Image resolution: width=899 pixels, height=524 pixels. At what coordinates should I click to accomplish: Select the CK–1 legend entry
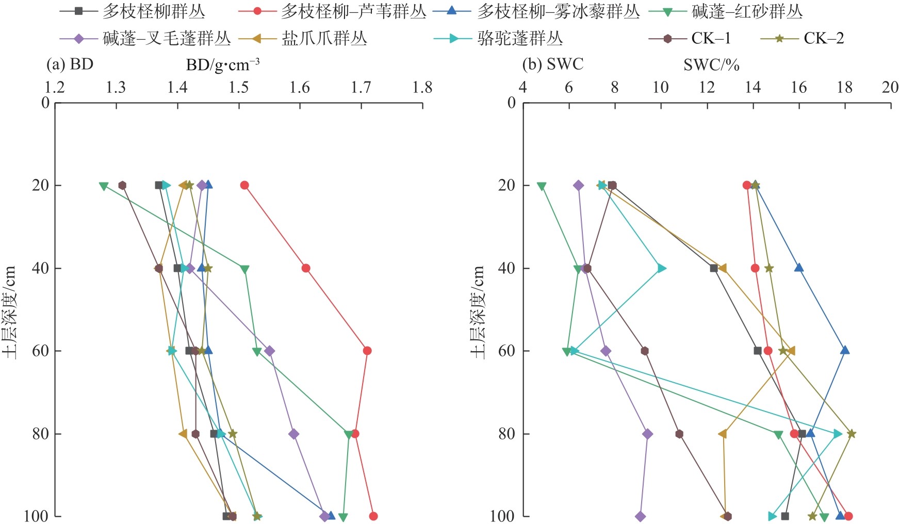711,38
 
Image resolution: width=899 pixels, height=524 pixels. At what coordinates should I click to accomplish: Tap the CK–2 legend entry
823,38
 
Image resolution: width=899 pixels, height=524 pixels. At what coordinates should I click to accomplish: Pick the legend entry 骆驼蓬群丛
520,38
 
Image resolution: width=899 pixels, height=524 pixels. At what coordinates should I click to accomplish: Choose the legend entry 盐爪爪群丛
324,38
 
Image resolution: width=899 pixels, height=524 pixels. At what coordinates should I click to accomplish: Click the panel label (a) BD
70,64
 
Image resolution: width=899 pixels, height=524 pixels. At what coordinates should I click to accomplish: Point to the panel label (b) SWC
553,64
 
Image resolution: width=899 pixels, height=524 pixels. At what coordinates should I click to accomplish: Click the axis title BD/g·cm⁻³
223,65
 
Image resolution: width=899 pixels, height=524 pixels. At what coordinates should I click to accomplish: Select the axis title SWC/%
711,65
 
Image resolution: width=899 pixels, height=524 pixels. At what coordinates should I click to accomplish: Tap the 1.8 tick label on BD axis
422,87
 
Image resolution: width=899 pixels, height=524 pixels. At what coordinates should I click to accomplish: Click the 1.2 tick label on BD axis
55,87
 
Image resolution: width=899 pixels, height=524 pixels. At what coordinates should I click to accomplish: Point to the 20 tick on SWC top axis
890,87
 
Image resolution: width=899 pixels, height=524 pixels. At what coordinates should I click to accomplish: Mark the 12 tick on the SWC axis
707,87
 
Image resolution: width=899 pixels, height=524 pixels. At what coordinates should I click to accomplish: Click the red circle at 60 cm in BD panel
367,351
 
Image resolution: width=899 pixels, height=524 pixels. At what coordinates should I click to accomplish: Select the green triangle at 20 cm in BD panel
104,186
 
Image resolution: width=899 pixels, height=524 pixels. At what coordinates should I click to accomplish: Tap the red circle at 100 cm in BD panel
373,516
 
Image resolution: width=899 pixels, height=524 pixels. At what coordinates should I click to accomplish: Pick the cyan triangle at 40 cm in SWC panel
661,268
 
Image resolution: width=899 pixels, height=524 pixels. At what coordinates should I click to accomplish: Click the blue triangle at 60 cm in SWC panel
845,350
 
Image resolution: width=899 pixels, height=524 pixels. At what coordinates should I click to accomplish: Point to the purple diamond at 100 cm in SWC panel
640,516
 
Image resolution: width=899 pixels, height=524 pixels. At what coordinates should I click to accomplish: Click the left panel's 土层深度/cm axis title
9,312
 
